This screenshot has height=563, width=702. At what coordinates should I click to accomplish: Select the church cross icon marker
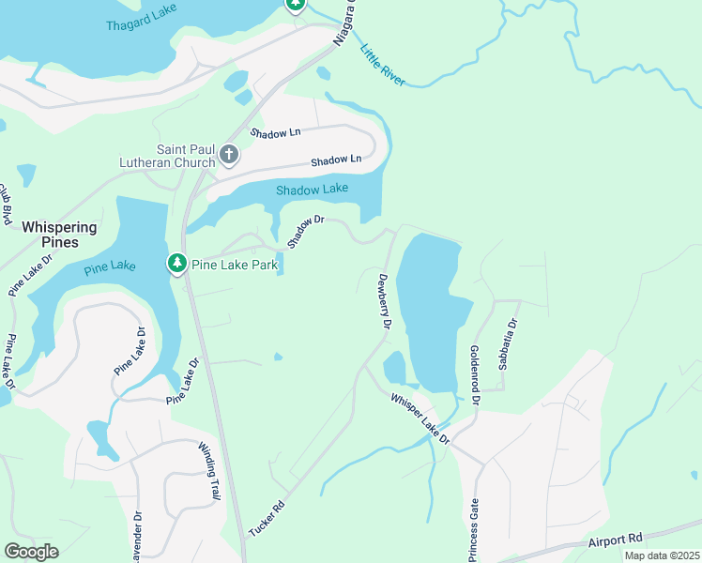228,153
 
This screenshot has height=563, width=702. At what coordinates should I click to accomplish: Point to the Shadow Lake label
312,190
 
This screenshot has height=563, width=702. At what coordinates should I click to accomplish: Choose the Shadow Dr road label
306,231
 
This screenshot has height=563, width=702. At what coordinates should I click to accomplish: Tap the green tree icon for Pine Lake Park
177,265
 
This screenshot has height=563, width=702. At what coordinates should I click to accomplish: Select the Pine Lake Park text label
235,266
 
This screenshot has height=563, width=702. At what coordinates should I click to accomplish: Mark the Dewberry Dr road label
384,300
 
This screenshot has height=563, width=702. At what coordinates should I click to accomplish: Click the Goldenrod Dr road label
475,373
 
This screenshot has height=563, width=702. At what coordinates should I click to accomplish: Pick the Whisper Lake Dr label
420,418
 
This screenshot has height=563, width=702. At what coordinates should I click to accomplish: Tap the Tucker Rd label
267,518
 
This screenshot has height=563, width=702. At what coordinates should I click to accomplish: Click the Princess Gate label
473,529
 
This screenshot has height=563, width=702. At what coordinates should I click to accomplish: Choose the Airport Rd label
615,540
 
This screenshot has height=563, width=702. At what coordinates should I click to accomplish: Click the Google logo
31,552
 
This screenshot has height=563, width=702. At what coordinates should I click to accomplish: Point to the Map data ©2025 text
661,555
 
